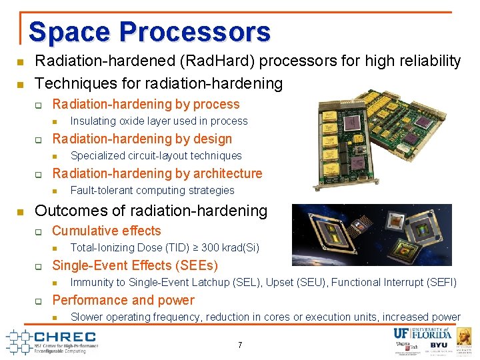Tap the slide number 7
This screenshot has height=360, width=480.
pos(239,345)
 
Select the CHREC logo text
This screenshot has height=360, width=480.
pos(63,337)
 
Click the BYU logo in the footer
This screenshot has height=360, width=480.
pos(438,346)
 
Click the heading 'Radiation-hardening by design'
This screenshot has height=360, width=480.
pos(142,139)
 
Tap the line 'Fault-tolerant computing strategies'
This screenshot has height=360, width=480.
pos(153,191)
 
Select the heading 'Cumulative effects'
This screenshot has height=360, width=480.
pos(107,231)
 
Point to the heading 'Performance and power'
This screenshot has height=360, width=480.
pos(123,300)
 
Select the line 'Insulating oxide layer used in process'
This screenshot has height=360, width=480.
pos(159,121)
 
